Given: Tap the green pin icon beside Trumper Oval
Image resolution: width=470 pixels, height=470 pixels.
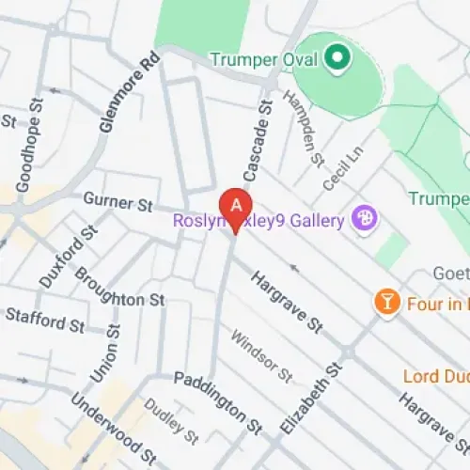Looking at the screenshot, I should tap(336, 60).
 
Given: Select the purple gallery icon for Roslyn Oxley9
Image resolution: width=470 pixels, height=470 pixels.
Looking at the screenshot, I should tap(364, 220).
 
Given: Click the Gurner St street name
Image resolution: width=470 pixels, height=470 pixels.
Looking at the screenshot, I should tap(117, 200).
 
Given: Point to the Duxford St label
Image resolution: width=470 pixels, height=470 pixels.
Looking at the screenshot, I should tap(69, 256).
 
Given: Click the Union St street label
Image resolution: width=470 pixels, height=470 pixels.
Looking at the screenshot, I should tap(104, 353).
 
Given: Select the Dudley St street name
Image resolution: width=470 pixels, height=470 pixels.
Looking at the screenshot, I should tap(171, 423).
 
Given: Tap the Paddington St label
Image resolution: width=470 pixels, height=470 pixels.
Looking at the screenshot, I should tap(217, 401).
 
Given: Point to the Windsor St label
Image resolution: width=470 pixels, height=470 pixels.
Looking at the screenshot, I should tap(262, 354).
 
